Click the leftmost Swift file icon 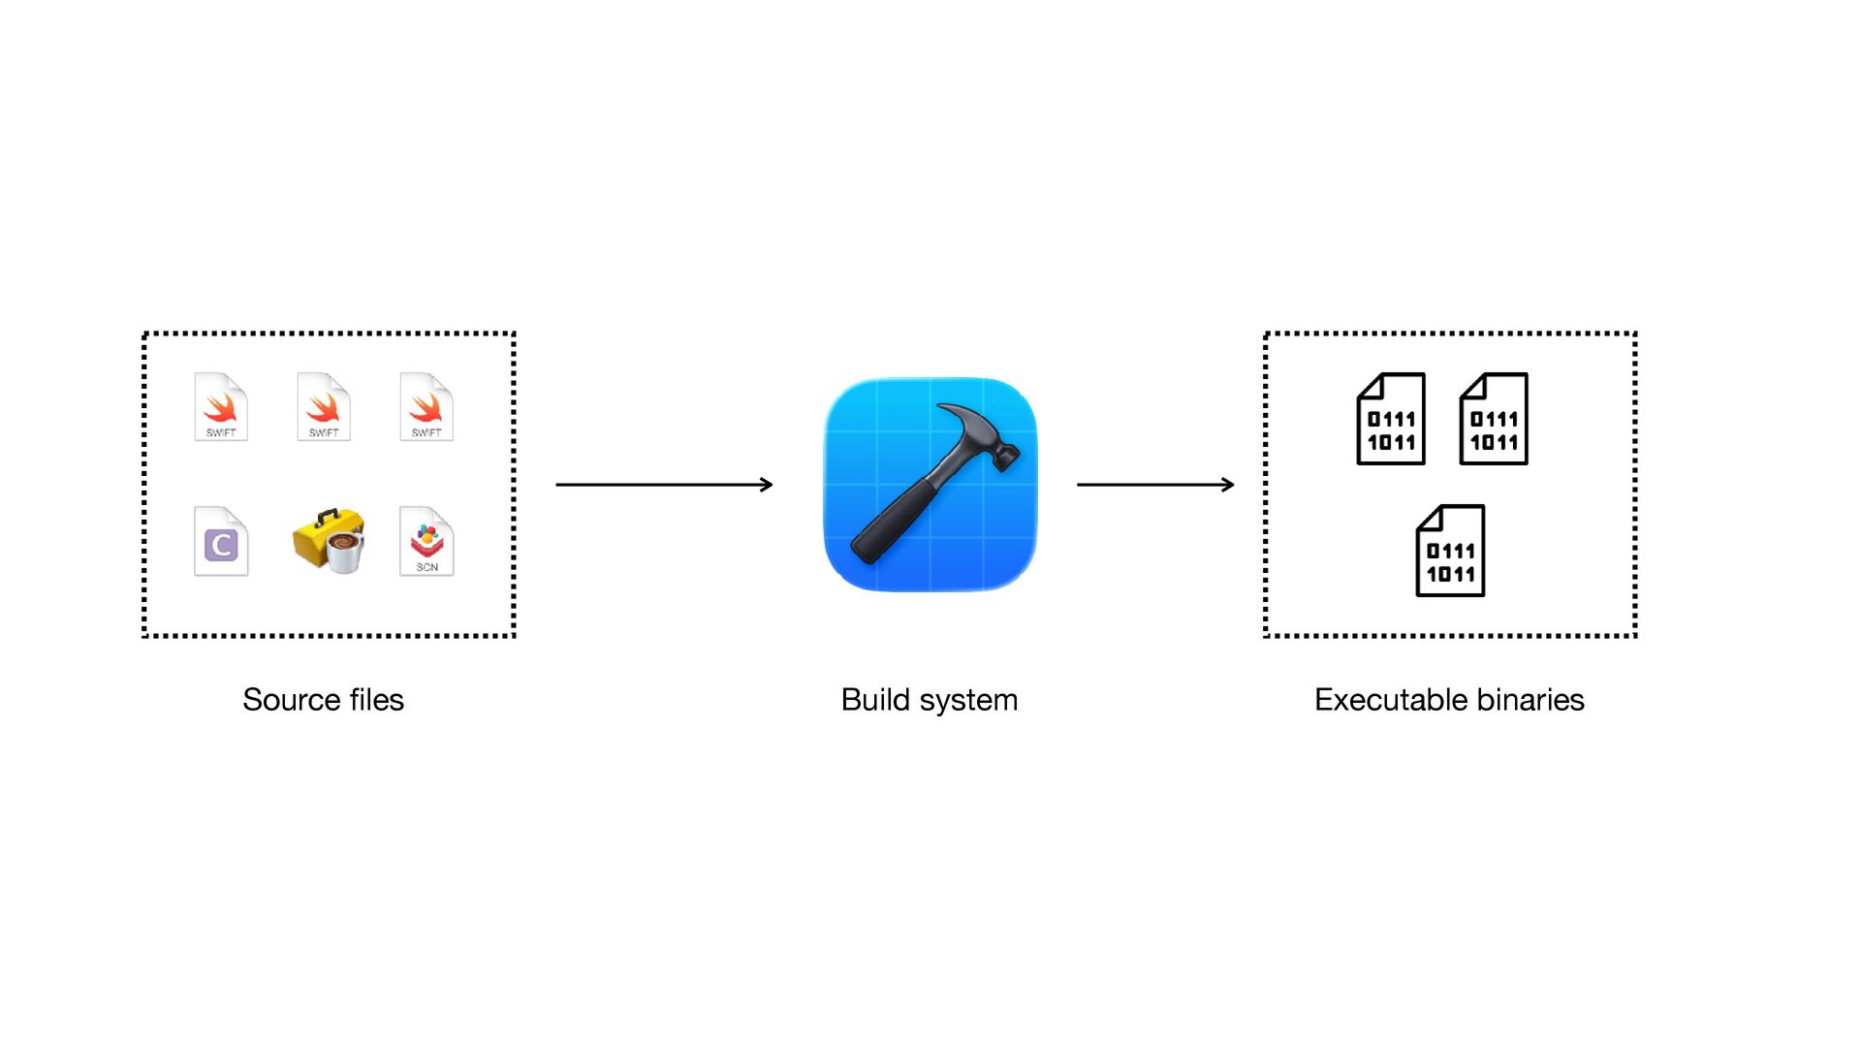click(x=221, y=407)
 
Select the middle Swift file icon click(x=324, y=407)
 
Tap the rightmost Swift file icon click(x=426, y=407)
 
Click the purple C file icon click(x=221, y=542)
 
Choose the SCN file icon click(x=426, y=542)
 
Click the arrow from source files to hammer click(x=664, y=485)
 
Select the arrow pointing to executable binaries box click(x=1155, y=485)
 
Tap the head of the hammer click(x=979, y=434)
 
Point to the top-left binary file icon click(x=1391, y=419)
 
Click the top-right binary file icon click(x=1494, y=419)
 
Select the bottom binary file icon click(x=1450, y=551)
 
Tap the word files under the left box click(x=377, y=700)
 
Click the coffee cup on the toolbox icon click(x=344, y=554)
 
